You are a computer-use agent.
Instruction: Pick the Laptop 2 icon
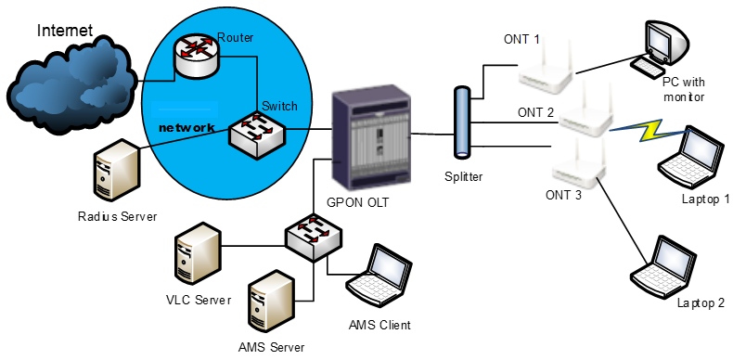662,265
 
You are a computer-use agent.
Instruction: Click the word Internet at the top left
65,31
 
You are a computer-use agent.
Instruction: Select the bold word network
186,127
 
